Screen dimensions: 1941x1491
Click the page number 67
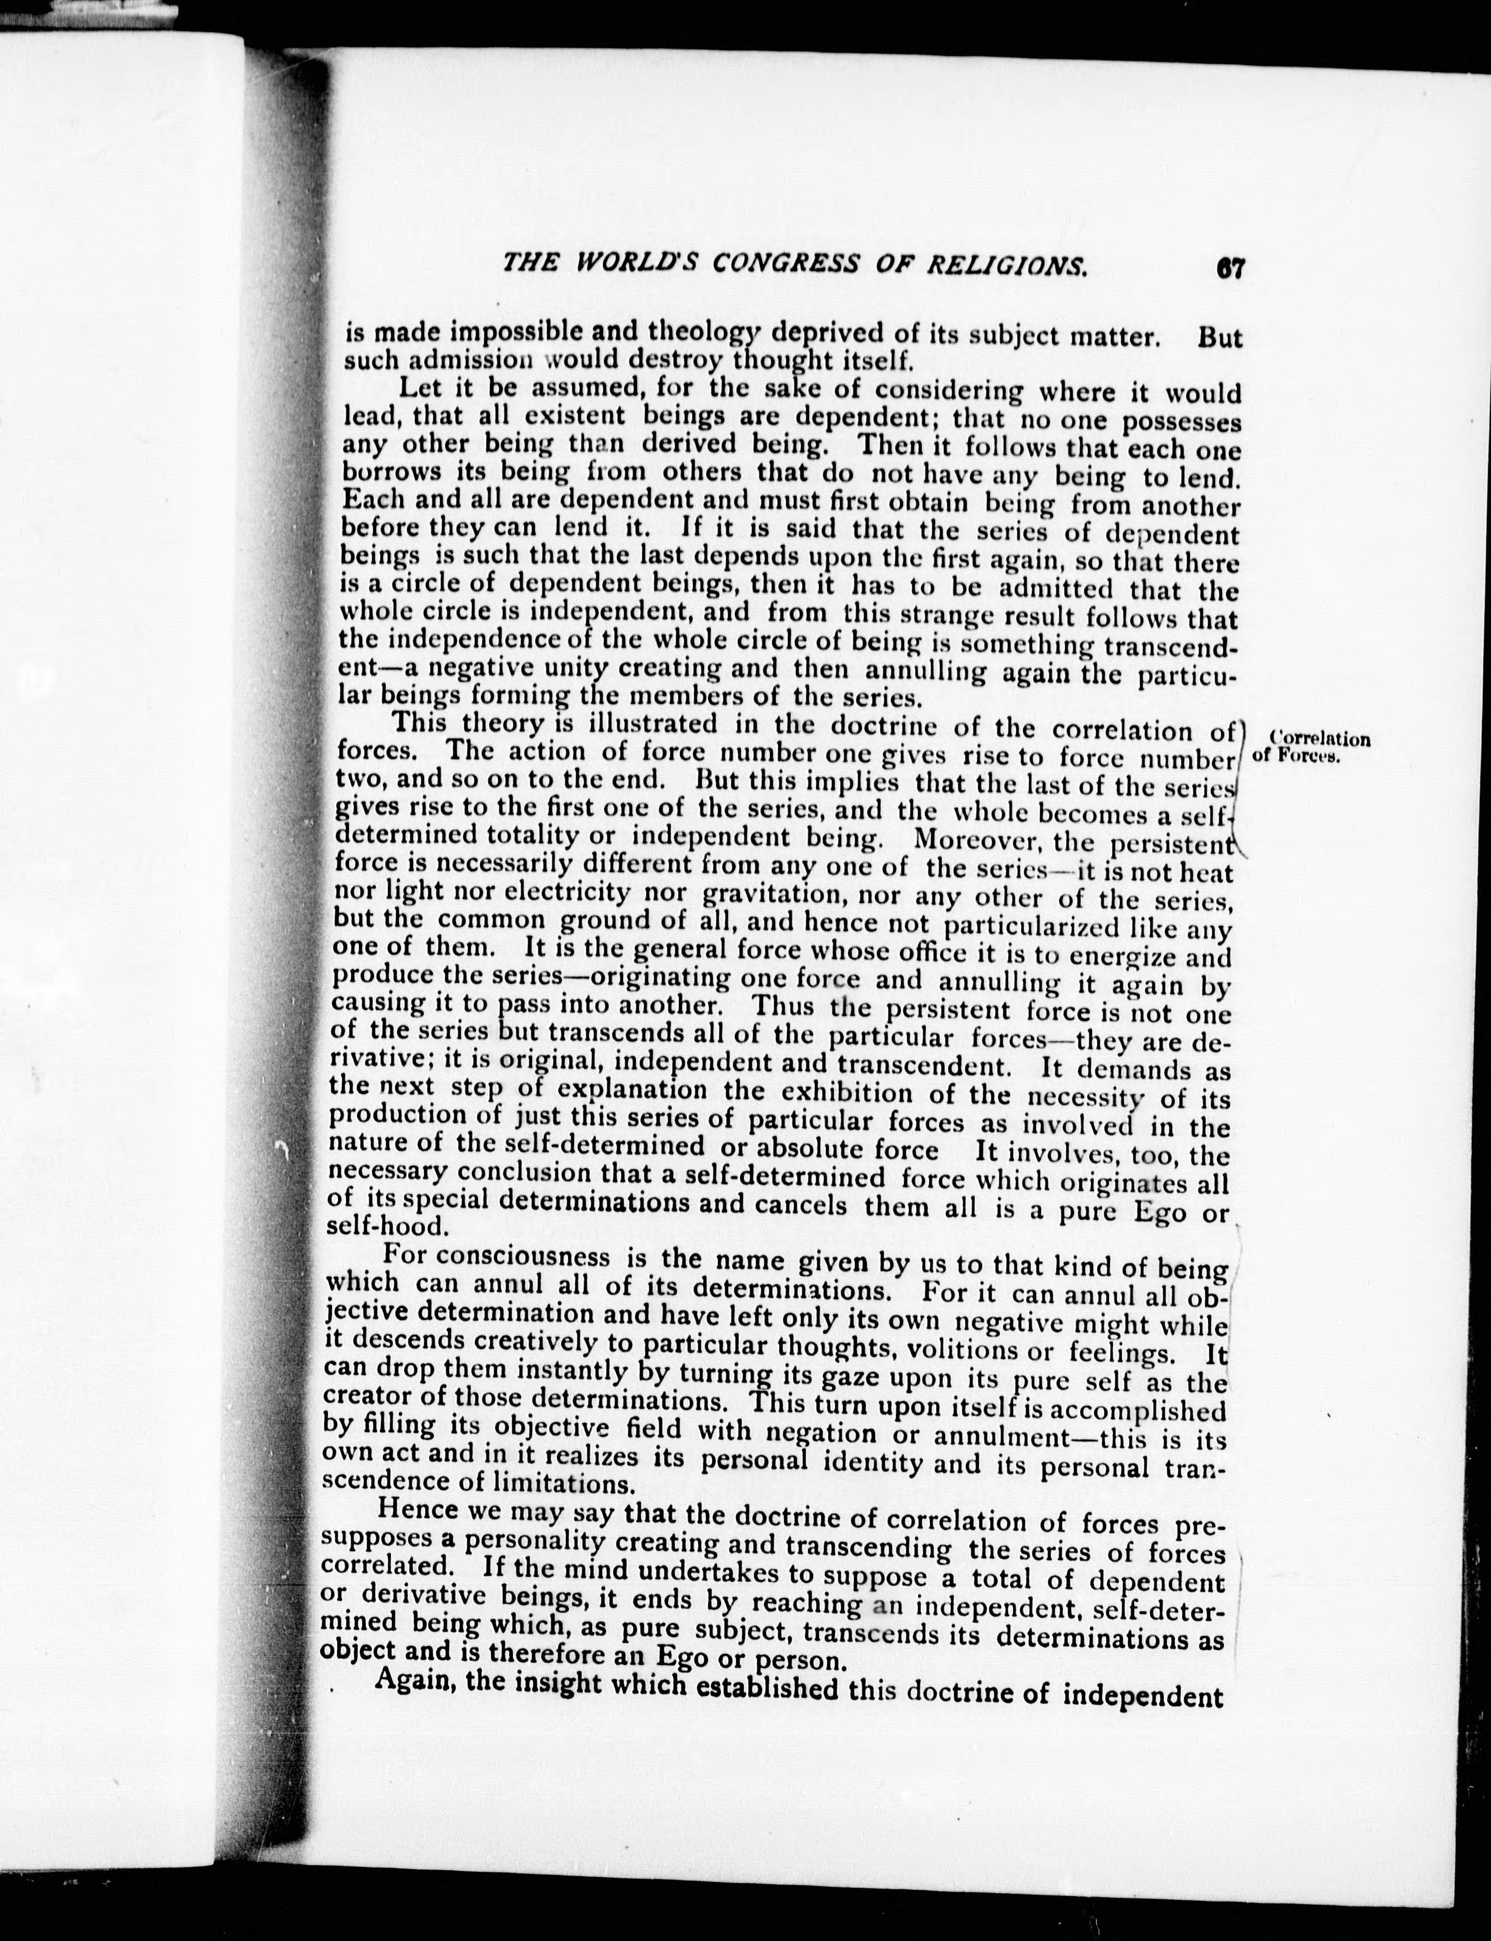point(1231,268)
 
